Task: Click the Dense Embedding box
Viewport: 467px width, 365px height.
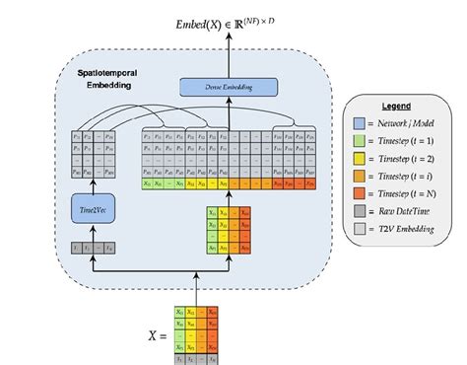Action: click(229, 88)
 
